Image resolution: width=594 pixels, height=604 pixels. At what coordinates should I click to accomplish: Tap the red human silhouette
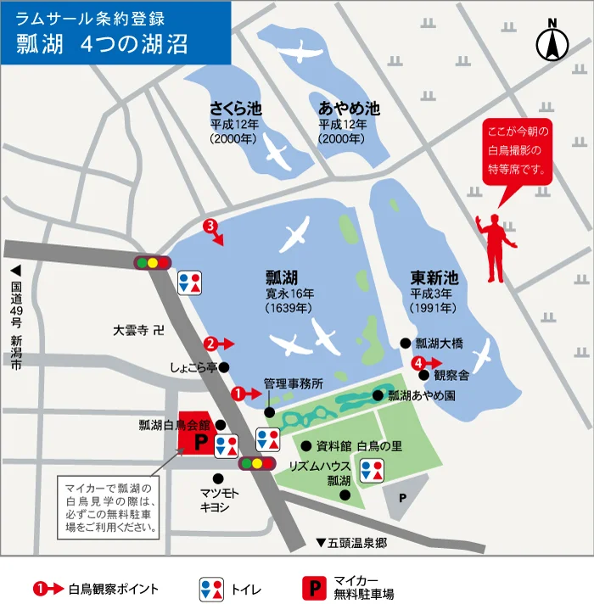pos(496,246)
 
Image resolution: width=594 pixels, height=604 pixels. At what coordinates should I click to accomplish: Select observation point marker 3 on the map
pos(212,226)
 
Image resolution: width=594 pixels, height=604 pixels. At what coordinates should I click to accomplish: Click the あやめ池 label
pos(349,109)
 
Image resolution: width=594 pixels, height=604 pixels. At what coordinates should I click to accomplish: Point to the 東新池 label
pos(434,278)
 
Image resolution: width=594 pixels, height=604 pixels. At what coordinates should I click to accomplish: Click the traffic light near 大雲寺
pos(153,262)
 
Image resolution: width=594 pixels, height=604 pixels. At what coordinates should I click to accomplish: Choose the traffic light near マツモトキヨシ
pos(257,463)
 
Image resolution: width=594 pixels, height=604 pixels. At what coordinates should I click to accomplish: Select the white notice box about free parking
pos(109,506)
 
